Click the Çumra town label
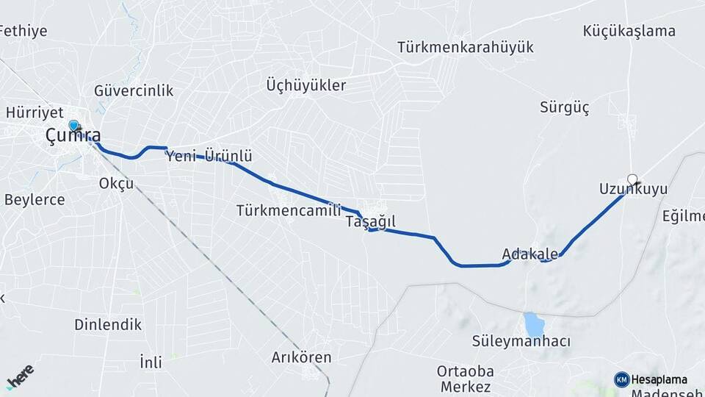73,136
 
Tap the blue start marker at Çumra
73,126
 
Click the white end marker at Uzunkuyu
632,179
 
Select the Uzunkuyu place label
633,190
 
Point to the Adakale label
529,254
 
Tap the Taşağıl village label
370,221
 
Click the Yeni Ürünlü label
209,156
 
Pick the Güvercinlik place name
134,90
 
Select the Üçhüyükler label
305,85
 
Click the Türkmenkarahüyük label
465,47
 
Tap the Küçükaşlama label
629,31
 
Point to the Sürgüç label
565,107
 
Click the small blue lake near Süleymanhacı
534,323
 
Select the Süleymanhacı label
521,342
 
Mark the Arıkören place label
301,357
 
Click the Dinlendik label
108,324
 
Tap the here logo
19,376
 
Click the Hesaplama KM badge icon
622,379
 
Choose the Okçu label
116,183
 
